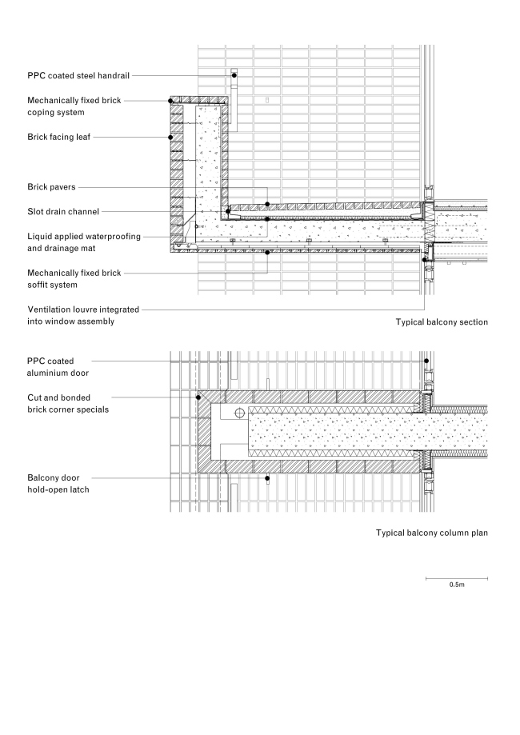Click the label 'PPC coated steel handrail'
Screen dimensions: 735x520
[78, 75]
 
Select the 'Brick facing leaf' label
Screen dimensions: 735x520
[58, 137]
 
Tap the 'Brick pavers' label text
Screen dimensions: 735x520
[51, 187]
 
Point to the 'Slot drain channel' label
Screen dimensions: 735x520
[63, 212]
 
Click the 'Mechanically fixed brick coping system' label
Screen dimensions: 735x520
[74, 106]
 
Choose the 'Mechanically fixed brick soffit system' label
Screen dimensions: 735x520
[74, 278]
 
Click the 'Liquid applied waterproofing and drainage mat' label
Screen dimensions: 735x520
[84, 242]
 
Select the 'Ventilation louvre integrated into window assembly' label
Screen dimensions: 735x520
[83, 314]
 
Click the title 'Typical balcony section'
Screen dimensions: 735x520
[441, 322]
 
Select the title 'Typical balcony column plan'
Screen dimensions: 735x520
[431, 532]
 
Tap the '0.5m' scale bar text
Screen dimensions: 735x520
[456, 585]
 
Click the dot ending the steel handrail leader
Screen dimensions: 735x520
[234, 75]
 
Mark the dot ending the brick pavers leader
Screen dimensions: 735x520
[267, 204]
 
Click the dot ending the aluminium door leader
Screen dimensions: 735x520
[427, 362]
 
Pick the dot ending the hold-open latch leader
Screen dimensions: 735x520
[267, 477]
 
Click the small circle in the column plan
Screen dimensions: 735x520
[239, 413]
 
